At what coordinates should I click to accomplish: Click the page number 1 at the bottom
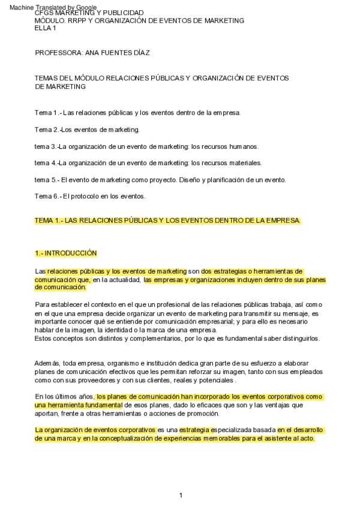(x=180, y=495)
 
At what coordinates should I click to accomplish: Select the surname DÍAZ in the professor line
(x=140, y=52)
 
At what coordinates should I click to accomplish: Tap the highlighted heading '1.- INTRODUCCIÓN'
(x=66, y=253)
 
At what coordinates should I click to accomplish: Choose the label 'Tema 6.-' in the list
(x=47, y=196)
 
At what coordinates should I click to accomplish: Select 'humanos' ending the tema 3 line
(x=242, y=146)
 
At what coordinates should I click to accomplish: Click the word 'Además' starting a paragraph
(x=47, y=363)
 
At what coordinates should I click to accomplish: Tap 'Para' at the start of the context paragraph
(x=42, y=304)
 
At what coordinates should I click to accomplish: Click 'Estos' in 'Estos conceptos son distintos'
(x=44, y=338)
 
